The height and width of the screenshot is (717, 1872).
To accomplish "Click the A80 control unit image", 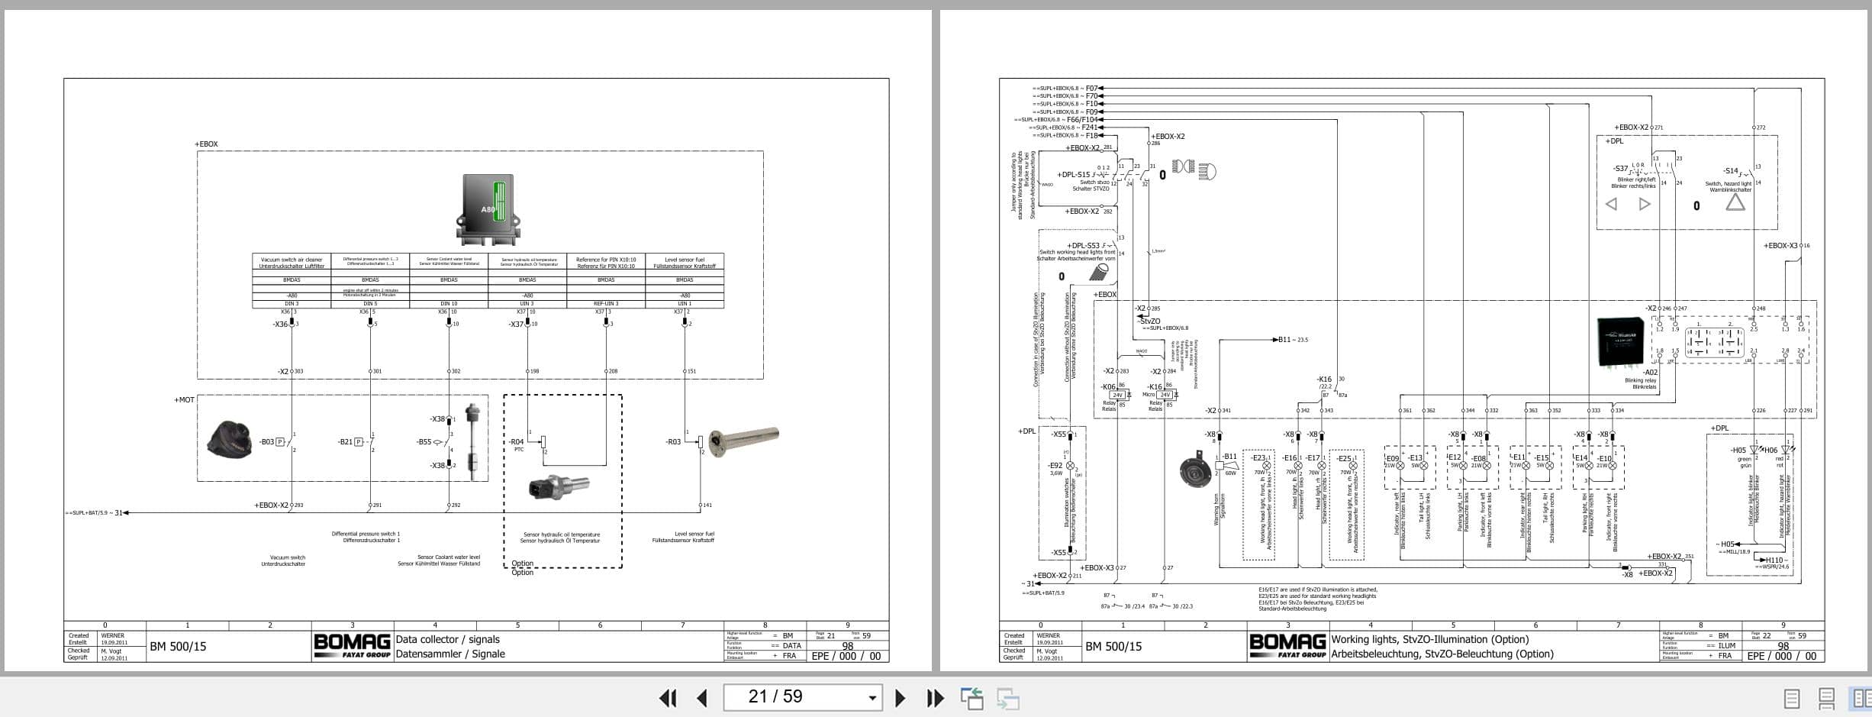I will [x=488, y=208].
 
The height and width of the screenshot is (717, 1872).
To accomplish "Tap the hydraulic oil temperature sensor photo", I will [x=559, y=487].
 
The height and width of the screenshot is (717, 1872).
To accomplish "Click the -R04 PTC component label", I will [x=517, y=442].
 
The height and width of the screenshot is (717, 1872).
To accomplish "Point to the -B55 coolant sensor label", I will [x=424, y=442].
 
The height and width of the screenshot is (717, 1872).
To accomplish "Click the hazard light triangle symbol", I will [x=1735, y=202].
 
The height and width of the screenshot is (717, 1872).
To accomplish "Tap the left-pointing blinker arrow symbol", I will [x=1611, y=204].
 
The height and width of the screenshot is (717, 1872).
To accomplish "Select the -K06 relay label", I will [x=1108, y=387].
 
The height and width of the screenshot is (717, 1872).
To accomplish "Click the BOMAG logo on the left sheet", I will [x=352, y=646].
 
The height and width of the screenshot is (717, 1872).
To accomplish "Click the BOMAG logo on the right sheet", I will [x=1287, y=646].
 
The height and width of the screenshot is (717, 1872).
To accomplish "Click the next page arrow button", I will [x=900, y=697].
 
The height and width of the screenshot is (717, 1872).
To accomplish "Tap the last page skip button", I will [x=935, y=697].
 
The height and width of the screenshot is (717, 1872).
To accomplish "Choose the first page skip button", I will [x=668, y=697].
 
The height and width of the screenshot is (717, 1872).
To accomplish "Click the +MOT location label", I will [x=184, y=400].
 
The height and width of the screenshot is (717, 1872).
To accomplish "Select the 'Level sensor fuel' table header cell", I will [x=685, y=263].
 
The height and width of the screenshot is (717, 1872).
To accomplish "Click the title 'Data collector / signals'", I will [x=448, y=640].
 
